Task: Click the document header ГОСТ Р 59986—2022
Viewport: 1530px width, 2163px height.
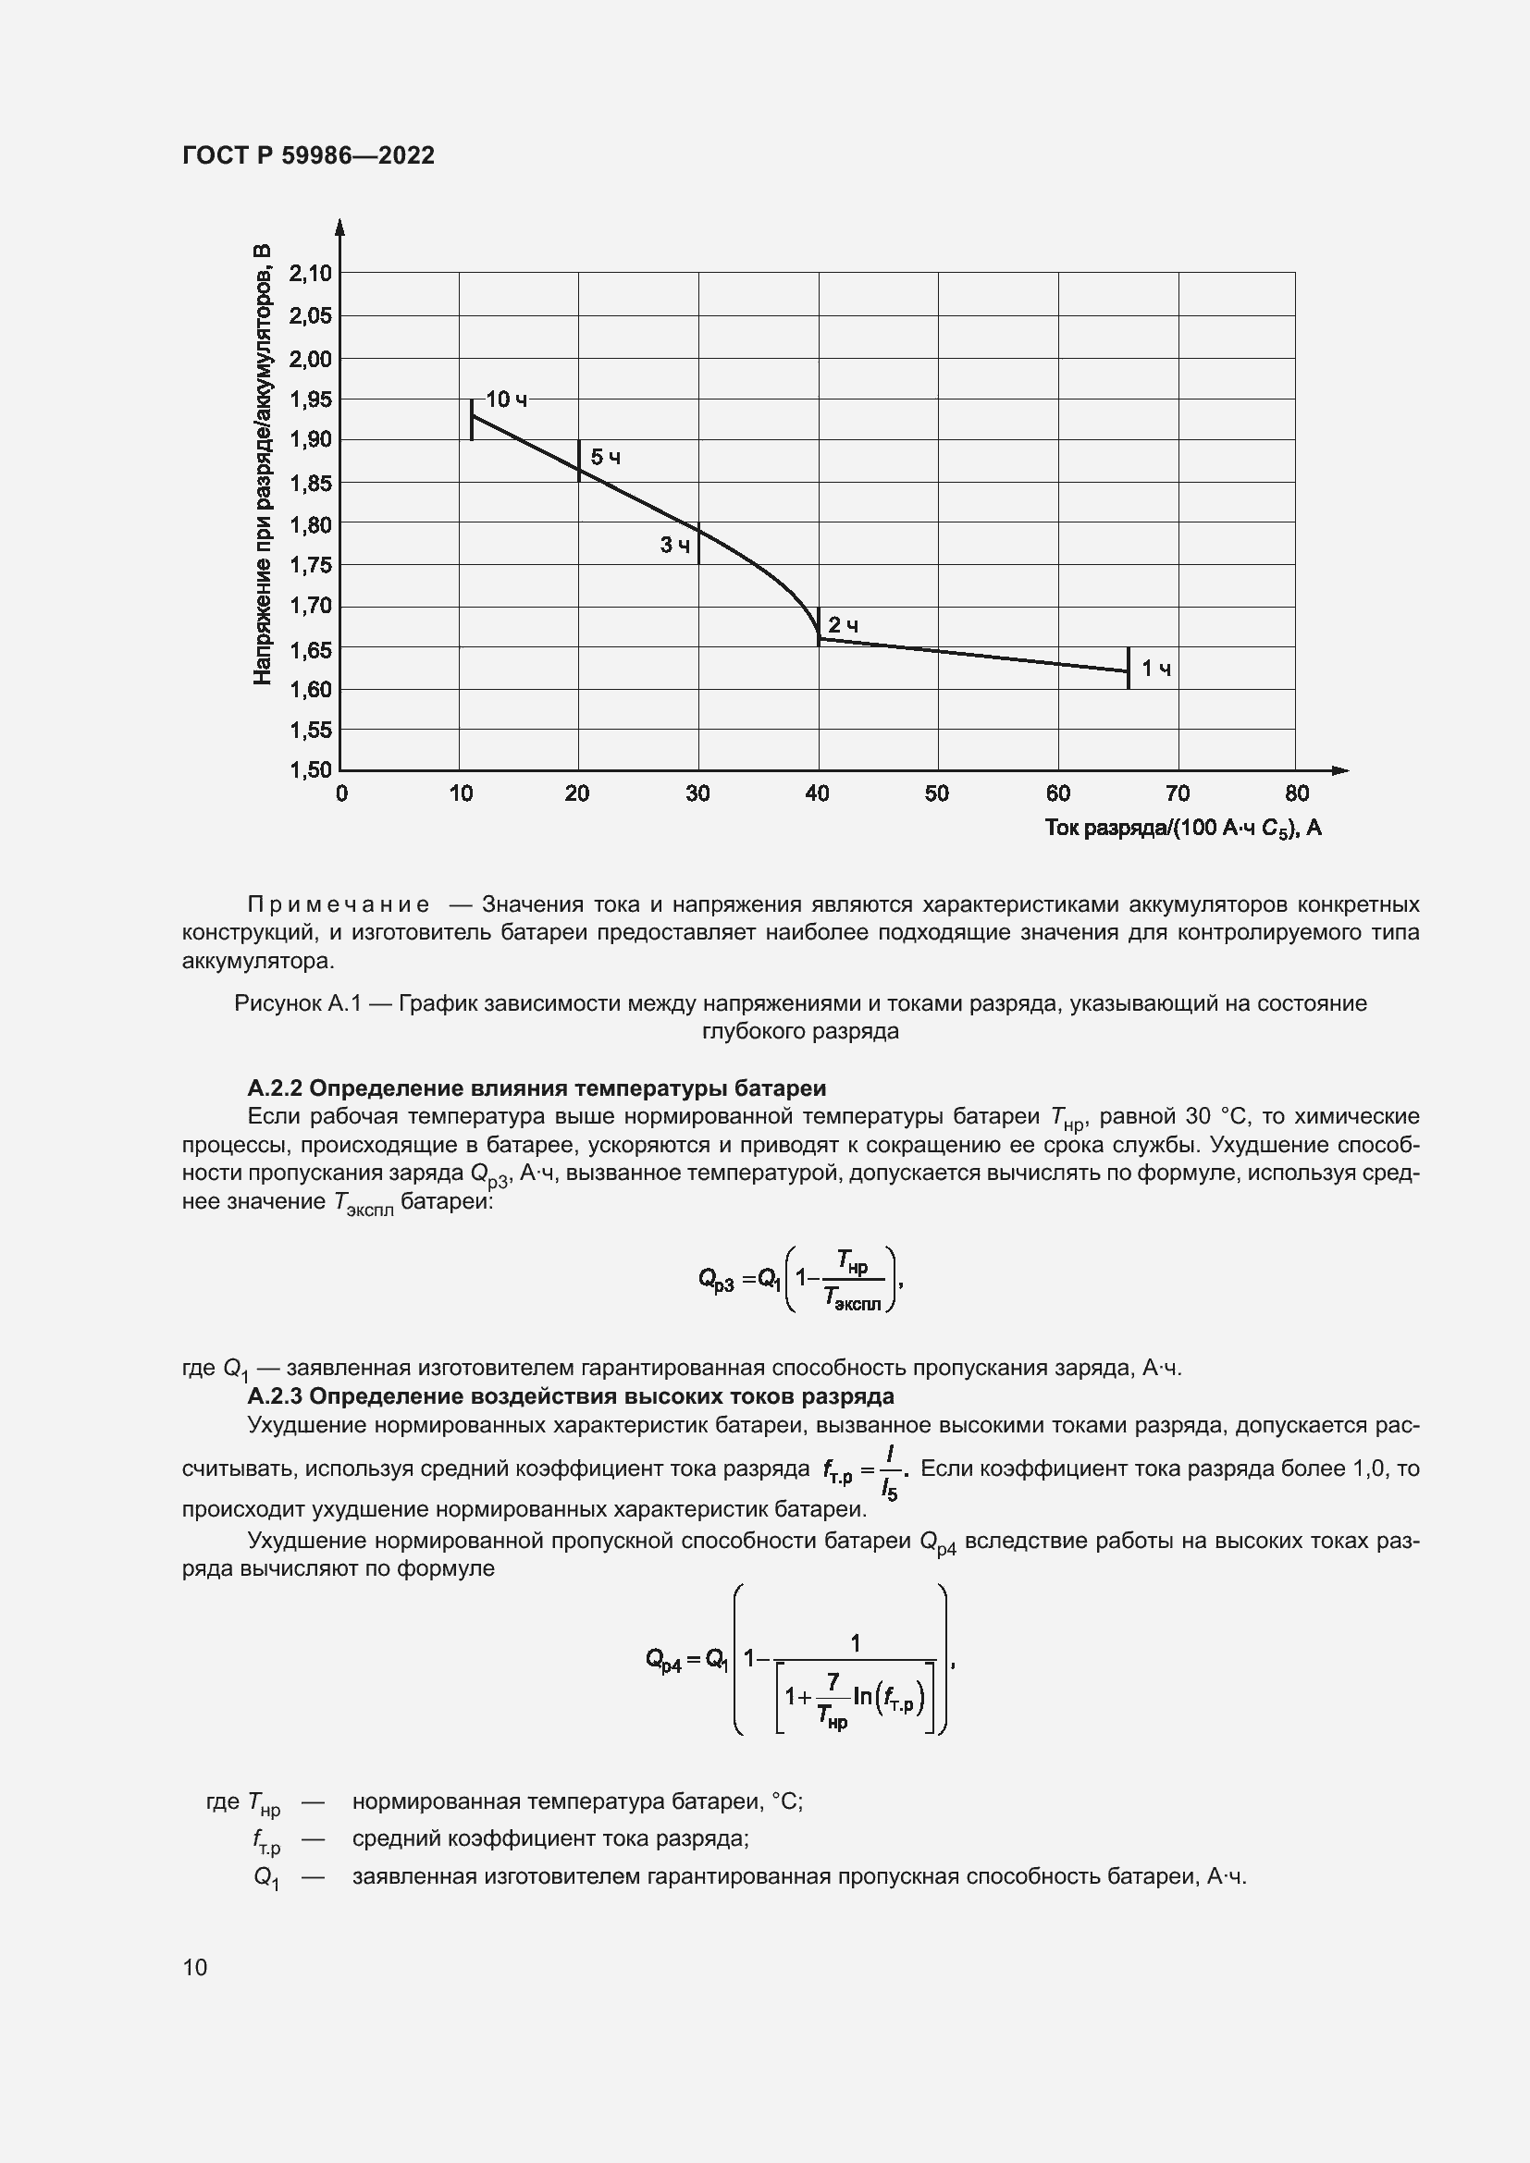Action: (x=308, y=155)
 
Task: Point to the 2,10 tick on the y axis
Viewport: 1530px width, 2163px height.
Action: (x=311, y=273)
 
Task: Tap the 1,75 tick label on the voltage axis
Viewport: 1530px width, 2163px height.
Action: (x=311, y=565)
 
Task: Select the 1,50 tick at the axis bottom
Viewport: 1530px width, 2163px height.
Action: (x=311, y=769)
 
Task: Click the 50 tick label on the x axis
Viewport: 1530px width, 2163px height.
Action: (x=936, y=793)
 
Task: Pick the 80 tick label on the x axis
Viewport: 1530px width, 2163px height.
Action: (x=1296, y=793)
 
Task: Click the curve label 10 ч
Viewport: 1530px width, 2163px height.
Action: (x=507, y=399)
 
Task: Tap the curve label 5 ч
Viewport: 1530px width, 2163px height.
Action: (x=606, y=458)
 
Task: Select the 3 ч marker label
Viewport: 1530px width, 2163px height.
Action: (x=674, y=545)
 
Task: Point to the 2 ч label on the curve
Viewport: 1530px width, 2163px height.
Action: (x=844, y=625)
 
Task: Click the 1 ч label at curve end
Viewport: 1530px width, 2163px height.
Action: (x=1156, y=669)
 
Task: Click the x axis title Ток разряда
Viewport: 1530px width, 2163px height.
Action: (x=1182, y=828)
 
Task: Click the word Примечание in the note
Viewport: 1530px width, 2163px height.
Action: (x=339, y=904)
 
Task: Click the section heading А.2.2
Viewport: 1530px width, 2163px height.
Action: (x=537, y=1088)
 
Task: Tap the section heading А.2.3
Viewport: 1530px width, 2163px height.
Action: (x=570, y=1395)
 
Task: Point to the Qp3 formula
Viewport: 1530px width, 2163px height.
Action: (x=801, y=1278)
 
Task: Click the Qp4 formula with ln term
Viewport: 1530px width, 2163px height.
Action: (x=801, y=1660)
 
